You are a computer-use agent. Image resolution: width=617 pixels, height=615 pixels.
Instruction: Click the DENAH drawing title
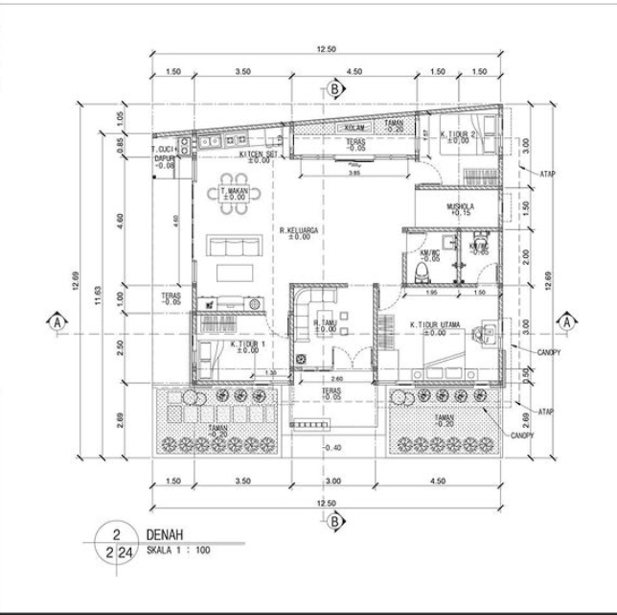coord(165,534)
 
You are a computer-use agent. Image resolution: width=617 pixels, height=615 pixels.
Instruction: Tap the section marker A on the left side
coord(58,321)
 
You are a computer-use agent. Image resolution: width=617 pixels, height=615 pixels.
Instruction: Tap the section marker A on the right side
coord(567,321)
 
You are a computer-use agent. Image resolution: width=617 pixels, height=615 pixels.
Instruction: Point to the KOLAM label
coord(355,126)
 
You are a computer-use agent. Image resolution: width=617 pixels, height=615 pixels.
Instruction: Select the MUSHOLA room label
coord(461,206)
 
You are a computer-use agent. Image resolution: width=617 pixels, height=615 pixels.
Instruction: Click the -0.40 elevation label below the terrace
coord(331,449)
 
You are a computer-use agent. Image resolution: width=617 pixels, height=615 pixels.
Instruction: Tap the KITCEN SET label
coord(257,154)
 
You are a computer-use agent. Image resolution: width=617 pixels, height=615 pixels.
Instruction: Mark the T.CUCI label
coord(166,150)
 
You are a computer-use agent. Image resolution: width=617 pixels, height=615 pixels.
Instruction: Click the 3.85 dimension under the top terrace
coord(354,174)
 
